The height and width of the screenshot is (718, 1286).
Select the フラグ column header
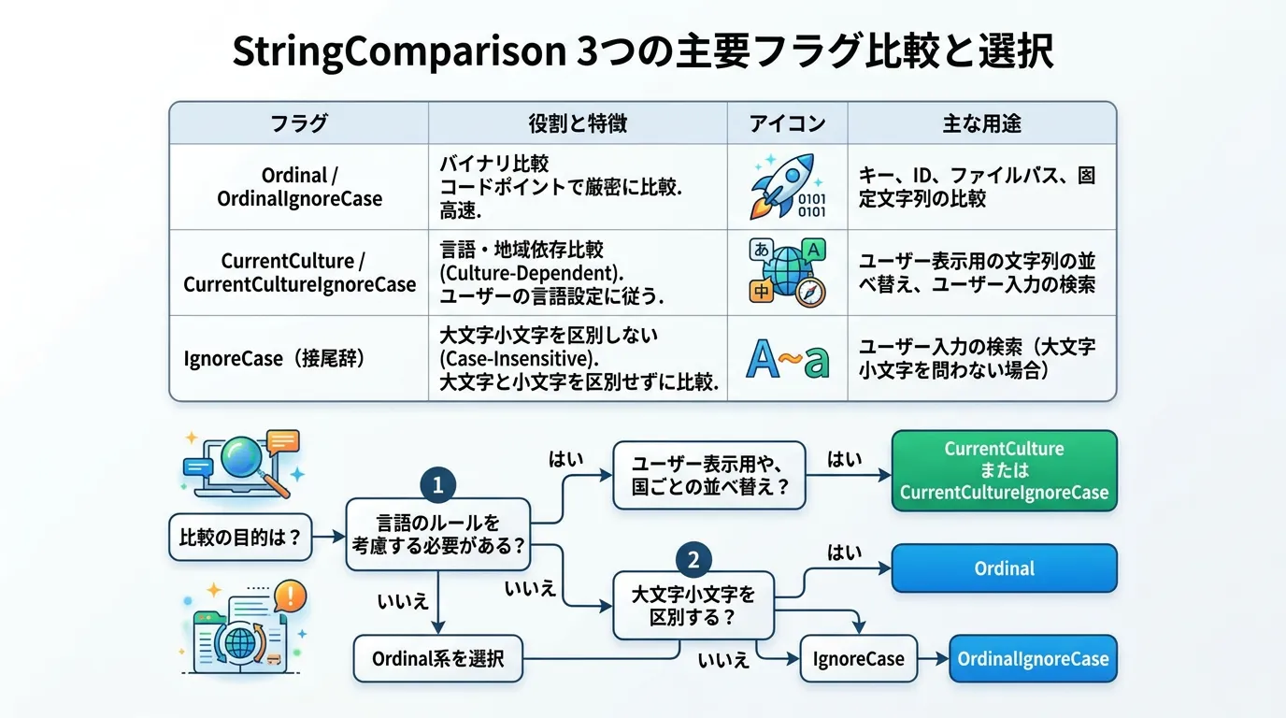click(299, 123)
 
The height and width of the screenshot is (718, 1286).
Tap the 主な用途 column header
click(981, 123)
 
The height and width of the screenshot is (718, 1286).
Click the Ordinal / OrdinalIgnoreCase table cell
click(299, 187)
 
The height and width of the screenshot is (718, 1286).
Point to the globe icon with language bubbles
click(788, 272)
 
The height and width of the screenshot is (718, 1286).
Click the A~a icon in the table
click(788, 358)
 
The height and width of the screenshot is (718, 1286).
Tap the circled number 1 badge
click(438, 485)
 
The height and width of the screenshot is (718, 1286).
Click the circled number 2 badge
click(693, 559)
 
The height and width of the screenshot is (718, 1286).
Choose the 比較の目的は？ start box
click(240, 537)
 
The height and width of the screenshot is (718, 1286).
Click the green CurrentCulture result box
click(1004, 470)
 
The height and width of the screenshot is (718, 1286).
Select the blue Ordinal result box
click(1004, 568)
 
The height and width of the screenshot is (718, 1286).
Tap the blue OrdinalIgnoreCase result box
click(1033, 658)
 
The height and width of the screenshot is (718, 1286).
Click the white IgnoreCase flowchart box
click(858, 658)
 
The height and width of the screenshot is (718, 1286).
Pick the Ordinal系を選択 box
click(438, 658)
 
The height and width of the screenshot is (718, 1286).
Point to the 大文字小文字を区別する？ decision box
click(693, 606)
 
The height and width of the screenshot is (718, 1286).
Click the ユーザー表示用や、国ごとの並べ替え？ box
click(709, 475)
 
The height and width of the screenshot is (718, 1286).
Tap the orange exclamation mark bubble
click(291, 596)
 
